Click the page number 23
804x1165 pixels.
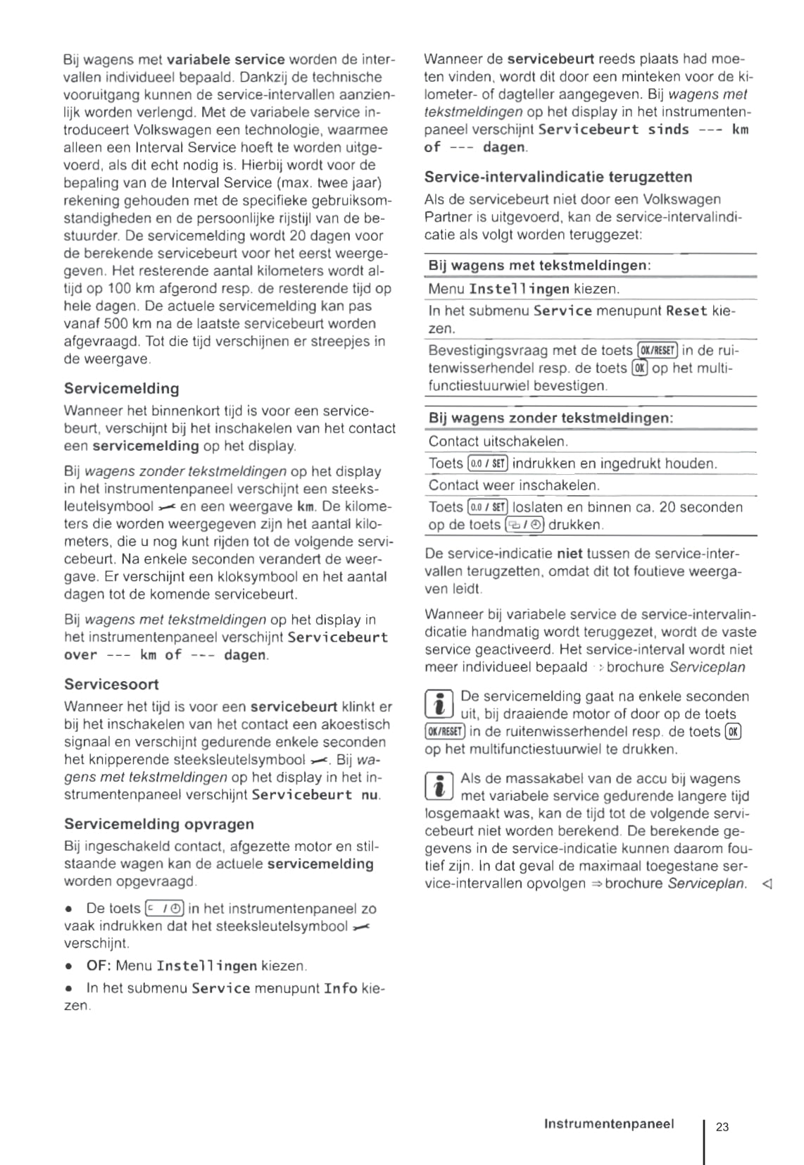coord(722,1126)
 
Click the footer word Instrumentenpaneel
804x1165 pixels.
coord(608,1123)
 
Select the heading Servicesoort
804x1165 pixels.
coord(111,684)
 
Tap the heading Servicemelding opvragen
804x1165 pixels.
coord(159,823)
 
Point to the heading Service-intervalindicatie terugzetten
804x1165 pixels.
coord(558,177)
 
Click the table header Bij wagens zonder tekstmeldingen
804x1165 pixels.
coord(551,418)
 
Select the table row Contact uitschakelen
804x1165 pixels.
coord(498,442)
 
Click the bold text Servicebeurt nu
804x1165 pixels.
coord(315,795)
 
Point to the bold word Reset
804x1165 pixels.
coord(686,311)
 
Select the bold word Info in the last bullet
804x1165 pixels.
coord(340,988)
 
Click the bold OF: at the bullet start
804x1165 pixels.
coord(99,966)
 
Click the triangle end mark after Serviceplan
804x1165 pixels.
coord(767,884)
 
